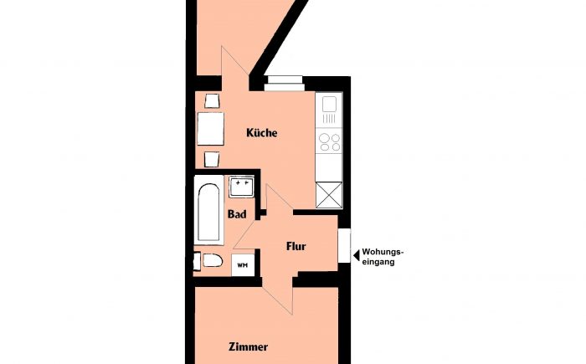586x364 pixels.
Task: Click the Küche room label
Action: pyautogui.click(x=261, y=133)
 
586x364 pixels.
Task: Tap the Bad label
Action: pyautogui.click(x=237, y=214)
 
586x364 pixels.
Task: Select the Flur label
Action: pyautogui.click(x=296, y=247)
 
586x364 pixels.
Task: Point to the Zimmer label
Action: pyautogui.click(x=248, y=346)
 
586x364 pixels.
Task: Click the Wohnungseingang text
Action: pyautogui.click(x=383, y=257)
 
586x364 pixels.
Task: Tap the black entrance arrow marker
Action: pyautogui.click(x=357, y=255)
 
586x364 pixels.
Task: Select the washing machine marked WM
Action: pyautogui.click(x=243, y=265)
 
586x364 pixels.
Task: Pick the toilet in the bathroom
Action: pyautogui.click(x=208, y=260)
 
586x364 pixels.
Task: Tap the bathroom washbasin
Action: pyautogui.click(x=241, y=186)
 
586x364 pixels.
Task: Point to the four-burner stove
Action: pyautogui.click(x=329, y=142)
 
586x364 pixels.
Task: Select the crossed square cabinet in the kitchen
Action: pyautogui.click(x=329, y=195)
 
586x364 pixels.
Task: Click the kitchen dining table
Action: pyautogui.click(x=210, y=129)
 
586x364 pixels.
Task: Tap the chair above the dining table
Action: pyautogui.click(x=212, y=101)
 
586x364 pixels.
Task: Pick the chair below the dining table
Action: pyautogui.click(x=212, y=159)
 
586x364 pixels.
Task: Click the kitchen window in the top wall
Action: pyautogui.click(x=284, y=84)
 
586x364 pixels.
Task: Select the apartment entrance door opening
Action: pyautogui.click(x=344, y=245)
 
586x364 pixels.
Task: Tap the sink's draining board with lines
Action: pyautogui.click(x=329, y=119)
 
